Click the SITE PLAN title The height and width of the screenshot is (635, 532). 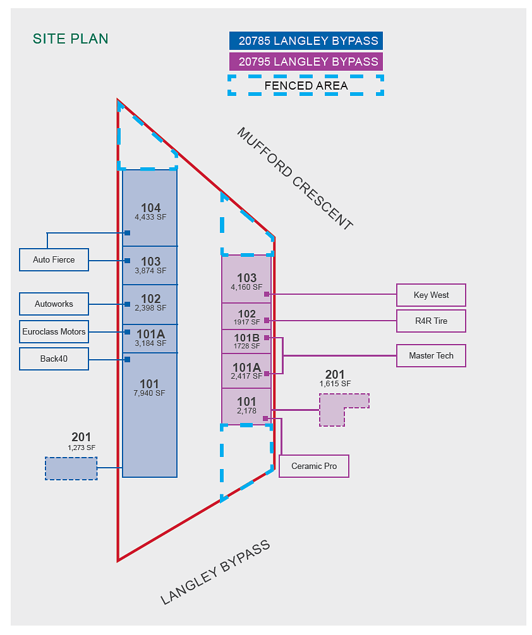[71, 39]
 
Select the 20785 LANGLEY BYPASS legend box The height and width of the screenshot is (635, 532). [306, 41]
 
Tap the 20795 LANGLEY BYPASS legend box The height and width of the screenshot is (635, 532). [306, 62]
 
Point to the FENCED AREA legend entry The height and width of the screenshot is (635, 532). [306, 85]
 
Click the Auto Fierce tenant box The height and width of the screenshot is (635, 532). [54, 259]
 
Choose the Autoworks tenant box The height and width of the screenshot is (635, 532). [54, 304]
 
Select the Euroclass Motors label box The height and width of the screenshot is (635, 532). [54, 331]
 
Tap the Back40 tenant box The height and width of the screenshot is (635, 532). [54, 359]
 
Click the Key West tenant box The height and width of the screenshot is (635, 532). [431, 295]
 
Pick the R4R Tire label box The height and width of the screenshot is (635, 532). [431, 321]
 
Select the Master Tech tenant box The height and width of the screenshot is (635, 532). [431, 355]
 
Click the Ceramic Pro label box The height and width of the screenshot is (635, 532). [314, 466]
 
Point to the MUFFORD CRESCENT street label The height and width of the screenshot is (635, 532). [295, 179]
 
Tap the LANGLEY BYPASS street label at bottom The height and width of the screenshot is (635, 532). [215, 573]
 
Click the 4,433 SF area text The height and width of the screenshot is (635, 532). [150, 217]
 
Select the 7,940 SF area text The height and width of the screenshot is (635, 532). [149, 393]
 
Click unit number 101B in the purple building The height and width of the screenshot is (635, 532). [246, 338]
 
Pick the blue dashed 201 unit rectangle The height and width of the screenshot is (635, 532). [71, 468]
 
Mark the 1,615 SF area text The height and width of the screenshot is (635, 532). [335, 384]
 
